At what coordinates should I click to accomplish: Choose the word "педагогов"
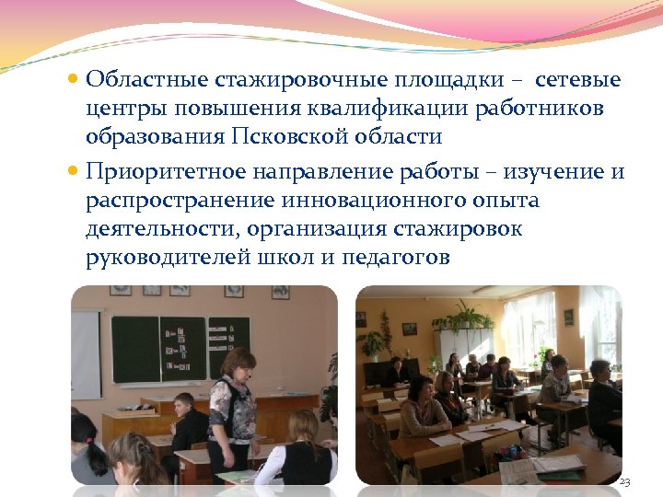(396, 257)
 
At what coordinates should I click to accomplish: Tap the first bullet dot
(75, 80)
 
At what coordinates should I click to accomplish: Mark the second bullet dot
(75, 172)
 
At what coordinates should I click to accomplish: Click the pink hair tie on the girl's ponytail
(90, 444)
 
